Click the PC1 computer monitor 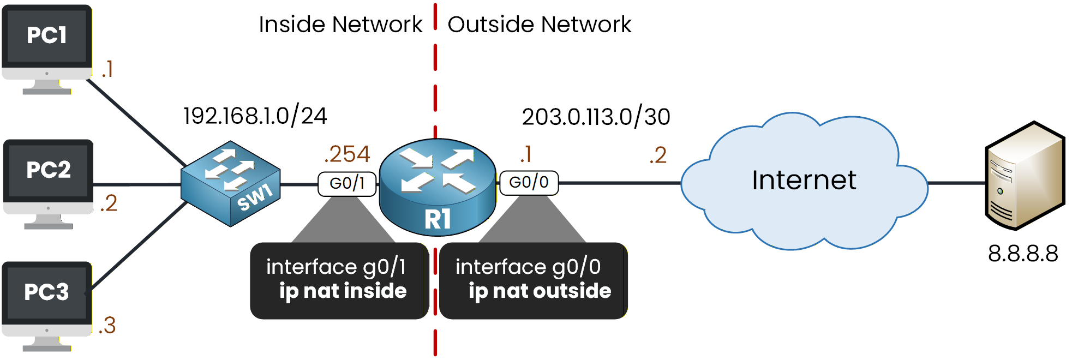[x=47, y=38]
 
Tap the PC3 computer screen [x=47, y=295]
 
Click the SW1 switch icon [x=231, y=184]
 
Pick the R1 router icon [x=438, y=187]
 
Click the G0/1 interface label [x=347, y=183]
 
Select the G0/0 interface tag [x=529, y=182]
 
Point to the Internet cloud [x=804, y=181]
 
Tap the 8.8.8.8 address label [x=1023, y=254]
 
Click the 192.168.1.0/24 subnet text [x=255, y=116]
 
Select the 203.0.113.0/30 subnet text [x=596, y=117]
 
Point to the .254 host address [x=347, y=154]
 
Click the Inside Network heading [x=340, y=25]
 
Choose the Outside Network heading [x=539, y=25]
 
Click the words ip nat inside [x=343, y=291]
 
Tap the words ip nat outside [x=540, y=291]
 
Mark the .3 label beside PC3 [x=107, y=326]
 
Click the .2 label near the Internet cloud [x=658, y=155]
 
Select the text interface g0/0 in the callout [x=528, y=267]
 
